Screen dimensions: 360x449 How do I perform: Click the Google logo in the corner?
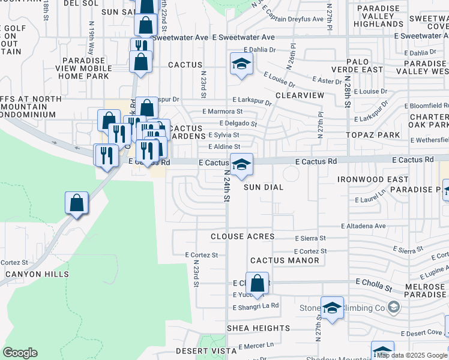point(20,353)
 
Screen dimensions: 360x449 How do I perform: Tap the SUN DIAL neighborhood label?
point(264,187)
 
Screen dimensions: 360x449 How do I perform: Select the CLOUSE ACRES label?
point(243,236)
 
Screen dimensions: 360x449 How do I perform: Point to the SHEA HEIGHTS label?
point(259,328)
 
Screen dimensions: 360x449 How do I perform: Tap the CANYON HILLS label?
point(37,274)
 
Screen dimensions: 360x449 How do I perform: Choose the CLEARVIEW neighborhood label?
point(300,95)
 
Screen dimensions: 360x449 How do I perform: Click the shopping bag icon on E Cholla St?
point(257,283)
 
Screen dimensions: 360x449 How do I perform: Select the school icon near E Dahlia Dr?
point(241,64)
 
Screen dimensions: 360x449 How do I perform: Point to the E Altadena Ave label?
point(363,226)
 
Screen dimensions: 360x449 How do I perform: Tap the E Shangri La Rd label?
point(256,305)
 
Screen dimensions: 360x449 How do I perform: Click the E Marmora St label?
point(222,112)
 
